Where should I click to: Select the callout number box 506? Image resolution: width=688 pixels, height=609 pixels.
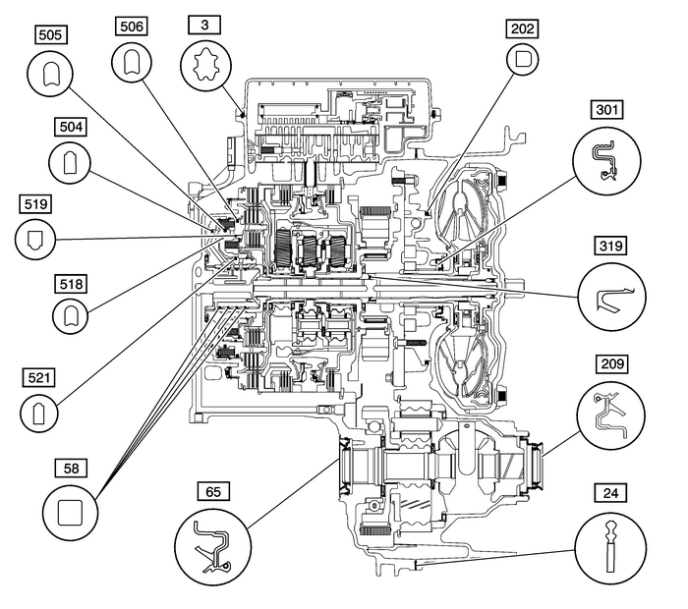coord(131,27)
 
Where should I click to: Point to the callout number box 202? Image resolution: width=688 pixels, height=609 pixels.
coord(522,29)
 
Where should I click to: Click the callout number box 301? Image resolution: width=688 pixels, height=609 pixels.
coord(607,108)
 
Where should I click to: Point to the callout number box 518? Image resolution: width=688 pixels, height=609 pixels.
coord(69,283)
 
